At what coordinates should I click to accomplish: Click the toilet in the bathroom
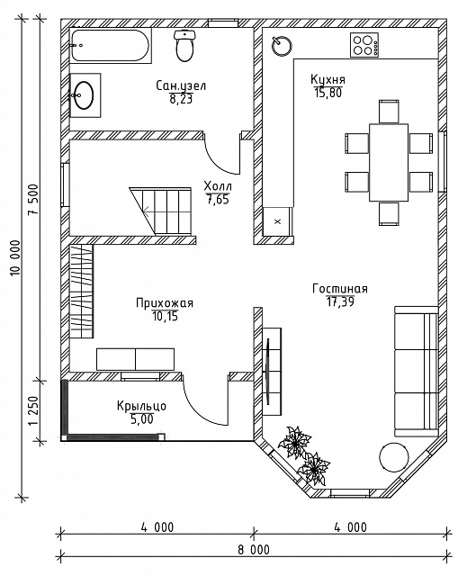184,46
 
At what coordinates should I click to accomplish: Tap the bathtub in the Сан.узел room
110,46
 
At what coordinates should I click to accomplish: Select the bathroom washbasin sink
85,95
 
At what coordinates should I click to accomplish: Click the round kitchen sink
282,46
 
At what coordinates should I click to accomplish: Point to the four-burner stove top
364,45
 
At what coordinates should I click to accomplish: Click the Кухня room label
328,79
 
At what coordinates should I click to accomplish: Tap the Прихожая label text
165,303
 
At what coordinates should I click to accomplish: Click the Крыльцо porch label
141,406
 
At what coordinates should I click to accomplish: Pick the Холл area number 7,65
218,200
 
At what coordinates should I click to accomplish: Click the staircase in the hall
161,211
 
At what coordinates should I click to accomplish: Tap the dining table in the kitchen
389,162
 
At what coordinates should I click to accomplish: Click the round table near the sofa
393,458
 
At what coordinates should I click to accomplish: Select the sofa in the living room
417,371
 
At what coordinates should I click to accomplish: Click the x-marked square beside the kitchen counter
277,221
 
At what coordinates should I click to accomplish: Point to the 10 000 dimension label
15,258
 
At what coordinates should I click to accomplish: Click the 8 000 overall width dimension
254,550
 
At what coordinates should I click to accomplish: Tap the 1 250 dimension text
33,410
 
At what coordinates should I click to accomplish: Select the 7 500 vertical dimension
33,200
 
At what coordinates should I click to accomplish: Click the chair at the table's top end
389,111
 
